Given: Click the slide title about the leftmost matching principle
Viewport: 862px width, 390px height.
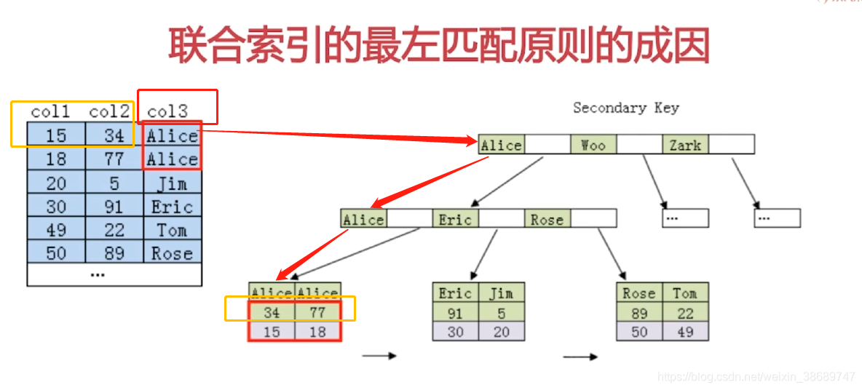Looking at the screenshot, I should click(x=439, y=45).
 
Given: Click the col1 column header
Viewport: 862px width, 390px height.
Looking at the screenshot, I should click(x=51, y=111).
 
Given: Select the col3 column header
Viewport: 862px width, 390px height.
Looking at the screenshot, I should click(x=167, y=111).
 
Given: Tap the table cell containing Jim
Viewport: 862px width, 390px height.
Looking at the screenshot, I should click(x=172, y=183).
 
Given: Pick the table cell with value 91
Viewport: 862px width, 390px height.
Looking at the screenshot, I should click(x=114, y=207).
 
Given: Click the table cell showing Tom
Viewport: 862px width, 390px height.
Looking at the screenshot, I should click(x=172, y=230).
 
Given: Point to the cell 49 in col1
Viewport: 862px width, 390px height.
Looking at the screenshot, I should click(x=56, y=230).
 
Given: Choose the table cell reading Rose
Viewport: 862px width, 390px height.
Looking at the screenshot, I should click(x=172, y=253).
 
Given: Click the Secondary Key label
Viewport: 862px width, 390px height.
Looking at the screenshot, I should click(x=625, y=108).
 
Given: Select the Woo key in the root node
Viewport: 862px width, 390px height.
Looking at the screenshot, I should click(x=593, y=145).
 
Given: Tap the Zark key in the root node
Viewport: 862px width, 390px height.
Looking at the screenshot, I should click(x=685, y=145).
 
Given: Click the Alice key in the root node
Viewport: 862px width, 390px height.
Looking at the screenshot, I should click(x=502, y=145).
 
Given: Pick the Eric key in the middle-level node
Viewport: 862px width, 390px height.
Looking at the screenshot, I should click(x=456, y=219).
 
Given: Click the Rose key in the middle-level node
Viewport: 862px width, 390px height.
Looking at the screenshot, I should click(x=547, y=219).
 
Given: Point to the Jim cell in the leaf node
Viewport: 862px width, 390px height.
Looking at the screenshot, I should click(x=501, y=293).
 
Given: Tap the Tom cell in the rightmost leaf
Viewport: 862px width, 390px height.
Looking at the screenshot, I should click(x=685, y=293).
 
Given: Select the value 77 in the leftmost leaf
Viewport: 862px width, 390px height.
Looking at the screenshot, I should click(x=317, y=313).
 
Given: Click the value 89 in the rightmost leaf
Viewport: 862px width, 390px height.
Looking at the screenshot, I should click(x=638, y=313).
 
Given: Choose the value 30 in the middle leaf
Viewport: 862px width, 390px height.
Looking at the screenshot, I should click(x=455, y=332).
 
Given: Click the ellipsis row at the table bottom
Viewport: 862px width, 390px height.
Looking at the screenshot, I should click(x=98, y=274).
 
